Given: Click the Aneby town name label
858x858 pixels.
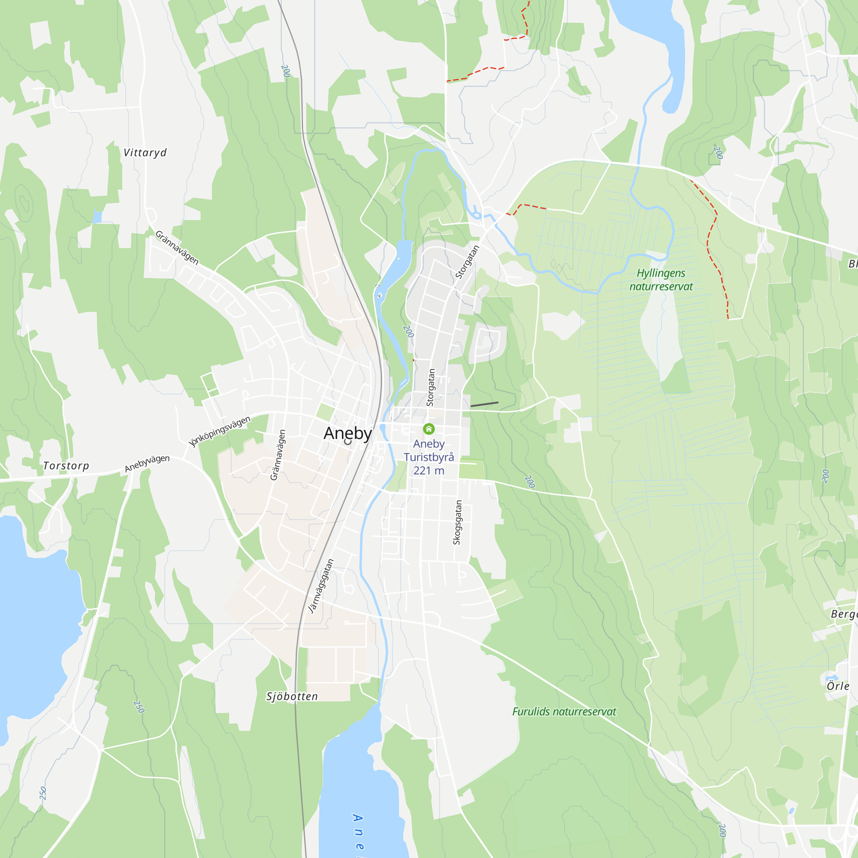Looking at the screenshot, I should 347,433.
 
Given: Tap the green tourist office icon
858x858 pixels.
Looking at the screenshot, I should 429,429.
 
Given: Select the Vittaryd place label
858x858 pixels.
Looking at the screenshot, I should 145,153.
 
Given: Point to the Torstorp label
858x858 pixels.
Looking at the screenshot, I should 66,466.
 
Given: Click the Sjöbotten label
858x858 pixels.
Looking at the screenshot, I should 292,696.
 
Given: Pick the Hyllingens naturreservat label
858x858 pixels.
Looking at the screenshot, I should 661,280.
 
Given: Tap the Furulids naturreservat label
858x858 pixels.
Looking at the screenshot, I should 564,711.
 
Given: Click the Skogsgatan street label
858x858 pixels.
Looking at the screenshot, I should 457,522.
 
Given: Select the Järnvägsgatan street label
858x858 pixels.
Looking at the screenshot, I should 321,586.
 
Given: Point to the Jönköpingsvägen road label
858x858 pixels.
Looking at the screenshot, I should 220,431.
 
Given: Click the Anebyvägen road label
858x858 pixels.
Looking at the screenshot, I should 147,463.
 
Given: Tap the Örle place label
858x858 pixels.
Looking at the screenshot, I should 837,686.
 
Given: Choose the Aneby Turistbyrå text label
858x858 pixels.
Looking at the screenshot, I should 429,450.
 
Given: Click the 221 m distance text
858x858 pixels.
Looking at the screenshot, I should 429,471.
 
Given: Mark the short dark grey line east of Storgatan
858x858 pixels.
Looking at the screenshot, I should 484,404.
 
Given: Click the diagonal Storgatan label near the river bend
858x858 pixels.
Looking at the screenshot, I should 468,262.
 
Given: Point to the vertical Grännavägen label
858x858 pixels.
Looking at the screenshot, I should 278,455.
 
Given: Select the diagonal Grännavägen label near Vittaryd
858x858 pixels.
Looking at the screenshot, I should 177,248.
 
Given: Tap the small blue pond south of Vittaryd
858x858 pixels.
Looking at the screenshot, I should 97,217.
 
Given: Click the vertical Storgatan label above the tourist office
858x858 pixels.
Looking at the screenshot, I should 430,387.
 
